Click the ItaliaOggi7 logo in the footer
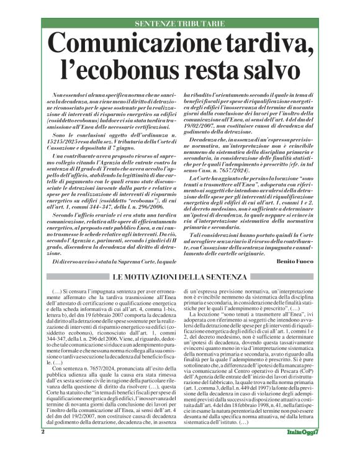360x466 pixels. [x=302, y=449]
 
